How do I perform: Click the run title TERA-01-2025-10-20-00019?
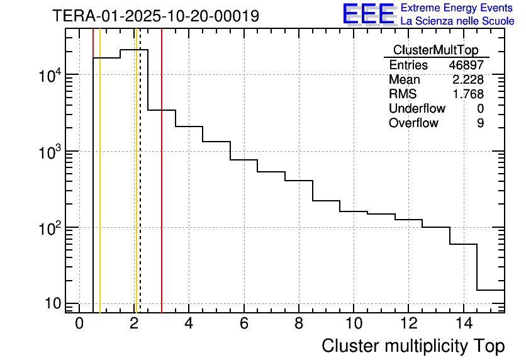coord(155,16)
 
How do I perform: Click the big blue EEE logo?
coord(369,14)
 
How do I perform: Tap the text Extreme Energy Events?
coord(457,8)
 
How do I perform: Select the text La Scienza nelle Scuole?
coord(457,21)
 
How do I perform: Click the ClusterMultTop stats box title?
coord(435,50)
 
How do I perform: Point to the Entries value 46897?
coord(466,65)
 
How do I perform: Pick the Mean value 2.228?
coord(467,80)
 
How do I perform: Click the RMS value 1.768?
coord(467,94)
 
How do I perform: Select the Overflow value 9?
coord(480,123)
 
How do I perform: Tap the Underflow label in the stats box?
coord(417,109)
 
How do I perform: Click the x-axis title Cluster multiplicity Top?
coord(413,346)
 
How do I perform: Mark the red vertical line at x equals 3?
coord(162,189)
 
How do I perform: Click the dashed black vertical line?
coord(140,189)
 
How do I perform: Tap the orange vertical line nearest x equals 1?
coord(100,189)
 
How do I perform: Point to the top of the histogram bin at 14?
coord(463,244)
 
